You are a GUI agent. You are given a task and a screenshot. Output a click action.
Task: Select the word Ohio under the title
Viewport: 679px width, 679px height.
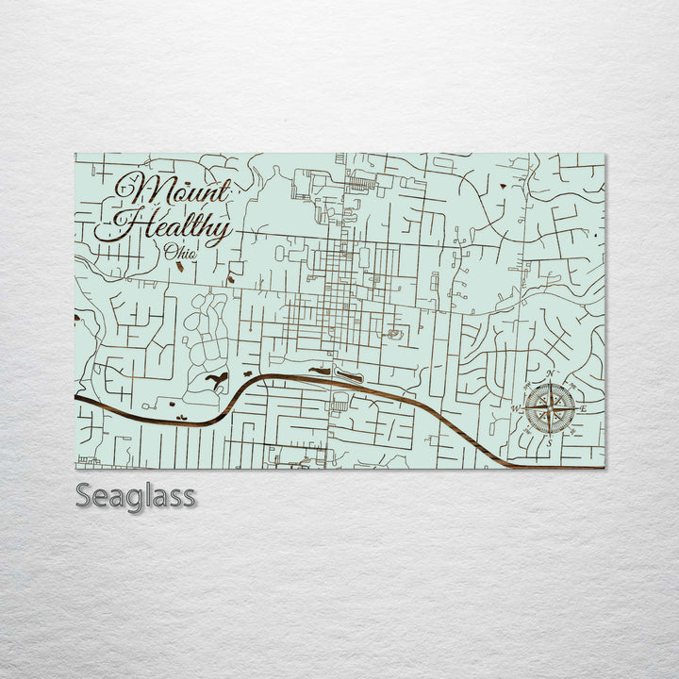tap(180, 252)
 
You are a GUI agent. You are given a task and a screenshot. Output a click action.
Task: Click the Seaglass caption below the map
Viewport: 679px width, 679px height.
tap(136, 495)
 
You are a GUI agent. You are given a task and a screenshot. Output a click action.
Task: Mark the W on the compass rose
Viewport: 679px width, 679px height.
tap(516, 408)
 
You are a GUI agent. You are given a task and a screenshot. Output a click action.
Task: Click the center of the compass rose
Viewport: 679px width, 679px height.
tap(550, 408)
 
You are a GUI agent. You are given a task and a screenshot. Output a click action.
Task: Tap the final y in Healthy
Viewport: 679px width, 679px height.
tap(218, 231)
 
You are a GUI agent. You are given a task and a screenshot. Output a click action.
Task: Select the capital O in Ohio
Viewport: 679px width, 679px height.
tap(169, 252)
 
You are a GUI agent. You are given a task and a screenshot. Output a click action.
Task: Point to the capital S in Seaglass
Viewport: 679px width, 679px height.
tap(84, 495)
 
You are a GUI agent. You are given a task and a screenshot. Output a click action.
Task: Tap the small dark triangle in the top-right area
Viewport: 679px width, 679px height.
tap(514, 186)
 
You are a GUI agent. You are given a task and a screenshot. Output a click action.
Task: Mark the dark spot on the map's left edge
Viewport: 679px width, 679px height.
tap(77, 318)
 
